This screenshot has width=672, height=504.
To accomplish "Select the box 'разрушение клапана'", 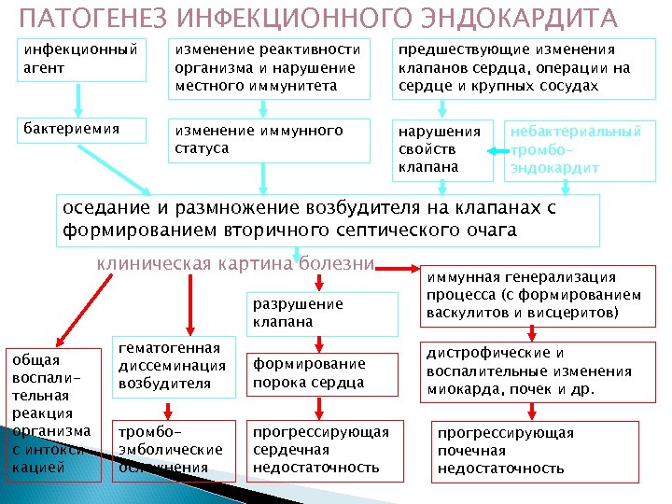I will pos(297,313).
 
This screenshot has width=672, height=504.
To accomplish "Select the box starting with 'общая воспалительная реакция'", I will pos(52,413).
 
